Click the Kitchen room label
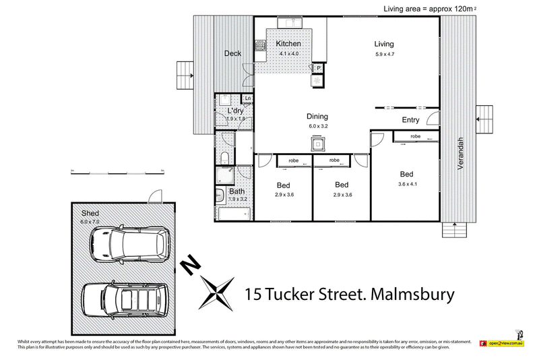(x=288, y=44)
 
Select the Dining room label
(x=317, y=116)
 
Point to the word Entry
(x=410, y=121)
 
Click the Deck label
(x=233, y=53)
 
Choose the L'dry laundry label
(x=235, y=110)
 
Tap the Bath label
(x=236, y=191)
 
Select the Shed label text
(x=90, y=213)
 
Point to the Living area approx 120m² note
(x=432, y=8)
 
